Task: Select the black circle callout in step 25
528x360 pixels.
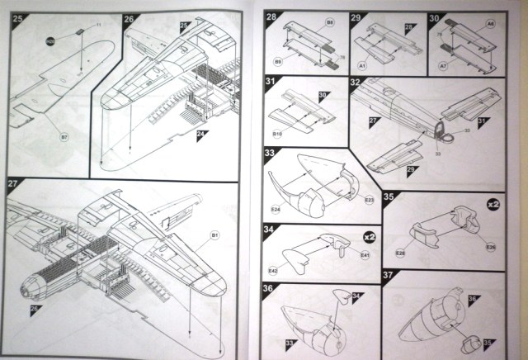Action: (51, 40)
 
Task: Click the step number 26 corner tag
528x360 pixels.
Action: (130, 17)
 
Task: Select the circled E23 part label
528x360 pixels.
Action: (369, 201)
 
